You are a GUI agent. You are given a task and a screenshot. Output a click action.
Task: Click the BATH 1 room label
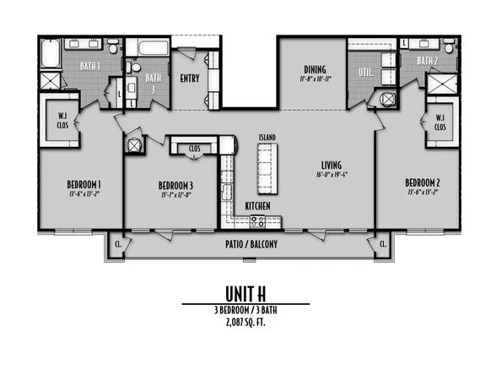click(x=90, y=65)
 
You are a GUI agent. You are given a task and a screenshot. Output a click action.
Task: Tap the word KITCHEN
click(x=257, y=205)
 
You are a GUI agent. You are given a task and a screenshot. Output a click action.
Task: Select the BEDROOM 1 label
click(x=84, y=184)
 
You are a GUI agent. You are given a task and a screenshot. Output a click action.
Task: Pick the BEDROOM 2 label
click(x=422, y=182)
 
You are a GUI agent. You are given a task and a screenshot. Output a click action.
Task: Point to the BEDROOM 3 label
click(x=175, y=186)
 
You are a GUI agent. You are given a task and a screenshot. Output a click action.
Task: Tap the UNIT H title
click(x=245, y=292)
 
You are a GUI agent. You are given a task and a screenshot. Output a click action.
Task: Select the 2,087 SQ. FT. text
click(x=245, y=322)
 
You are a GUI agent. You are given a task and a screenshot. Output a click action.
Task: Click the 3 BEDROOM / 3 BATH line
click(x=245, y=310)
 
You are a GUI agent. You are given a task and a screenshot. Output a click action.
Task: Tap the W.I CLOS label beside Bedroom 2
click(x=440, y=122)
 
